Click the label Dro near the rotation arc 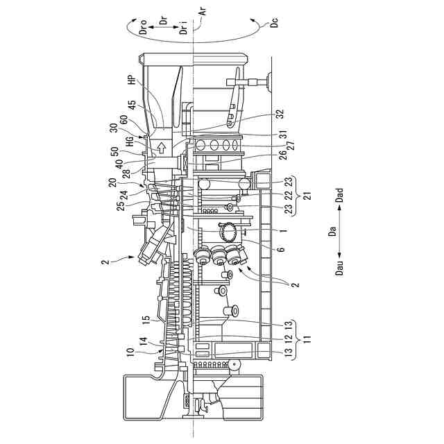(x=144, y=27)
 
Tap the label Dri (x=184, y=28)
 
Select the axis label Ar (x=203, y=11)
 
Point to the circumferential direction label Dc (x=274, y=22)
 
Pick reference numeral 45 (x=133, y=105)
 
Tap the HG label (x=130, y=142)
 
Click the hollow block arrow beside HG (x=162, y=148)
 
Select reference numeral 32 (x=280, y=114)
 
